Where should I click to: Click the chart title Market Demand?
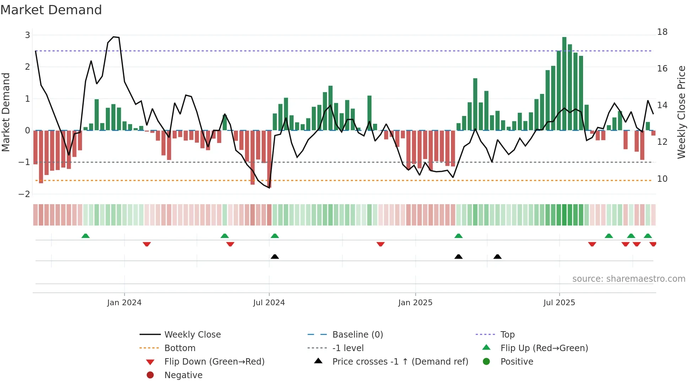[x=51, y=10]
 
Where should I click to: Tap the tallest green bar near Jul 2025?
[x=564, y=84]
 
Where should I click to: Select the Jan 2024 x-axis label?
[x=124, y=303]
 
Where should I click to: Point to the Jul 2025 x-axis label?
[x=559, y=303]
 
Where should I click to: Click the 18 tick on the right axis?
[x=662, y=32]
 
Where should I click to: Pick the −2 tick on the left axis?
[x=25, y=194]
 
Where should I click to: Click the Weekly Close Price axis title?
[x=681, y=112]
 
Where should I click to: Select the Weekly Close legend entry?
[x=192, y=335]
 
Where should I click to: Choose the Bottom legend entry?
[x=180, y=348]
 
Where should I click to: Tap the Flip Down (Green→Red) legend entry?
[x=214, y=362]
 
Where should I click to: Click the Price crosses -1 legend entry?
[x=400, y=362]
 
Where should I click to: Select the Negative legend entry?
[x=183, y=375]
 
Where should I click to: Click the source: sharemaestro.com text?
[x=629, y=279]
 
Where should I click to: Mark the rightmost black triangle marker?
[x=497, y=256]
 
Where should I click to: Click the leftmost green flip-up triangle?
[x=86, y=236]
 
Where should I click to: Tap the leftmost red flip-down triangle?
[x=147, y=244]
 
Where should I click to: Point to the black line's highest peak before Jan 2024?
[x=114, y=37]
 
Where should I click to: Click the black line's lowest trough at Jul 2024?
[x=270, y=187]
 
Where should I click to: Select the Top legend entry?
[x=507, y=335]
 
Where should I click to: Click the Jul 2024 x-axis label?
[x=269, y=303]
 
